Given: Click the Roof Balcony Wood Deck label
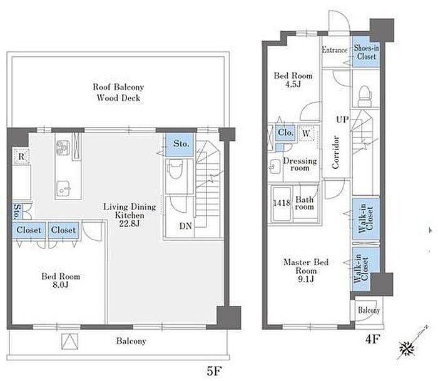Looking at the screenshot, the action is [118, 92].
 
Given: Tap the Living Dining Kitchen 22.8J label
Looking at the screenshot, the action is [130, 215].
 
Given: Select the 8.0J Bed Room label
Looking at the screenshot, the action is [61, 280].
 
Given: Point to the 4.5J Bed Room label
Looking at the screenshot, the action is [293, 79].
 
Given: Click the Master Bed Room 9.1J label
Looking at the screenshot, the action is [306, 270].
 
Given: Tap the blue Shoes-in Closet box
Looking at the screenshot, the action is [366, 52].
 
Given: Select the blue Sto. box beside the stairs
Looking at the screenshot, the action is [180, 145].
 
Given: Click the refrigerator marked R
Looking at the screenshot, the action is [21, 156].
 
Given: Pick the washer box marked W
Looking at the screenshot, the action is [306, 133].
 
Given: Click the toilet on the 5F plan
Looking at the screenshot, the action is [175, 170].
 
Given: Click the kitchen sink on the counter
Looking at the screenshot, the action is [63, 189].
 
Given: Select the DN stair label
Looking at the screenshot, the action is [185, 226].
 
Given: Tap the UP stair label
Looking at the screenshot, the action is [342, 120].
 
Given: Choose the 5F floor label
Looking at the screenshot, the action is [214, 371].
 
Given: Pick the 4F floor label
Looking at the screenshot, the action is [372, 339].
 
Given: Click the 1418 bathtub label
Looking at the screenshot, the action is [282, 203].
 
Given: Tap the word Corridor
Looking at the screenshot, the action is [335, 152].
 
